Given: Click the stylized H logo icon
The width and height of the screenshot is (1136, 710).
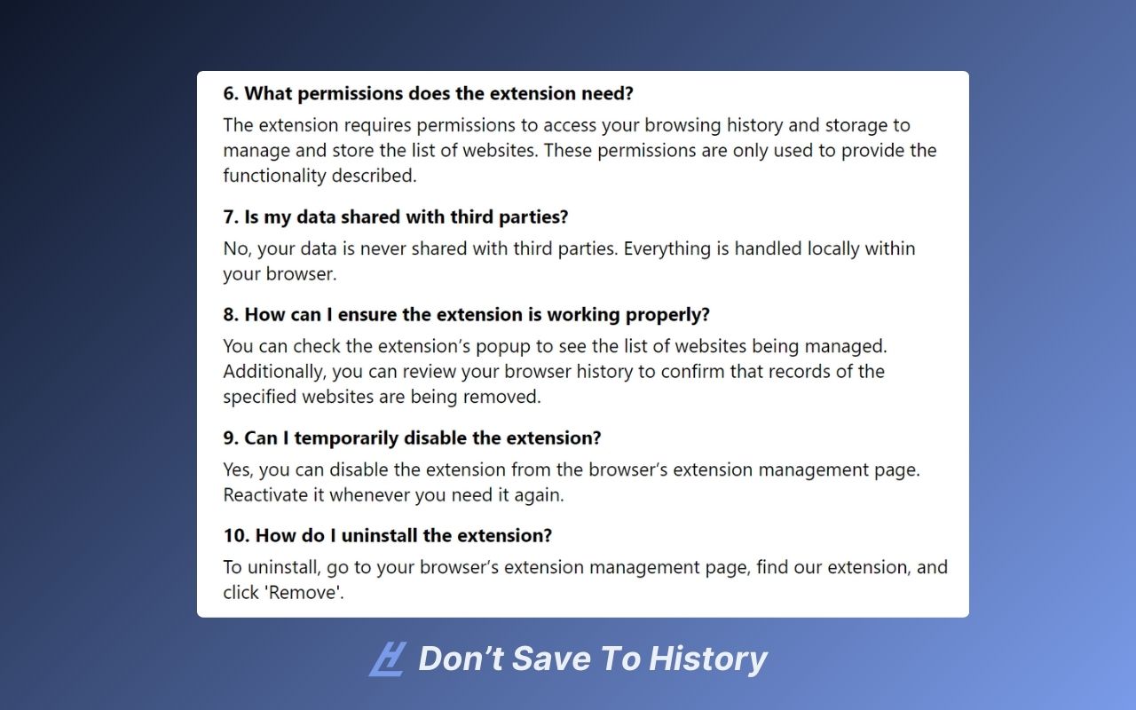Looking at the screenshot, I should pos(387,659).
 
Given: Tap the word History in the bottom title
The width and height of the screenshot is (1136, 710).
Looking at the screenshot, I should pos(707,659).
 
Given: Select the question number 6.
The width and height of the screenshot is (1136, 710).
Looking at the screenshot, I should pos(230,93).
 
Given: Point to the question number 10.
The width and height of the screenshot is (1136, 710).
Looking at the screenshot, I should pos(235,535).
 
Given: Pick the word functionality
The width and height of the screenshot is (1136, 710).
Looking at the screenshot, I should pos(275,176).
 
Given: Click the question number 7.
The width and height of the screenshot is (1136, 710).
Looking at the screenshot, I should pos(229,217).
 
